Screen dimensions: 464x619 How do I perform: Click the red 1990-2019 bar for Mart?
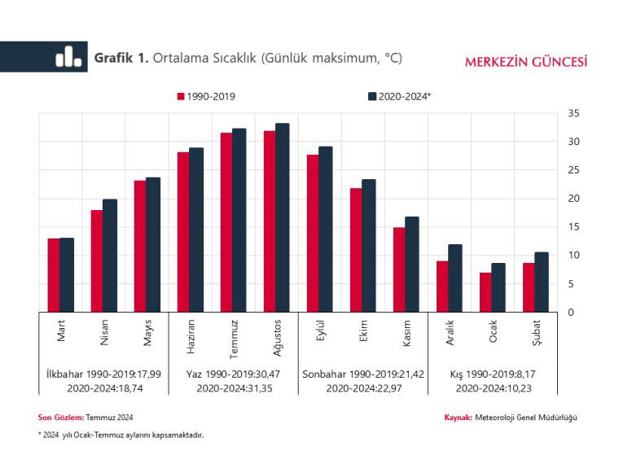pyautogui.click(x=53, y=275)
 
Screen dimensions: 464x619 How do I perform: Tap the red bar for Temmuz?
pyautogui.click(x=226, y=221)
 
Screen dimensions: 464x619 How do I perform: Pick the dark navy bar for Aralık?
pyautogui.click(x=454, y=278)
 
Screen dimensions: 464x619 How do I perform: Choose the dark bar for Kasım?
pyautogui.click(x=411, y=264)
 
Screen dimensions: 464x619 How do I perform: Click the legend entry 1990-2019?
pyautogui.click(x=207, y=96)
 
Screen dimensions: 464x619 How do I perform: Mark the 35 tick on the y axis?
pyautogui.click(x=573, y=113)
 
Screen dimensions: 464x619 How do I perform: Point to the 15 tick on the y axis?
pyautogui.click(x=573, y=226)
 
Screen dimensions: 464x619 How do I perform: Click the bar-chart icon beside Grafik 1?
pyautogui.click(x=68, y=57)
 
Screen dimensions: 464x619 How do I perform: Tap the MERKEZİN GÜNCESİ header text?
pyautogui.click(x=526, y=62)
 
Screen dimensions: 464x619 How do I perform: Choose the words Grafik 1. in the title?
pyautogui.click(x=121, y=58)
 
